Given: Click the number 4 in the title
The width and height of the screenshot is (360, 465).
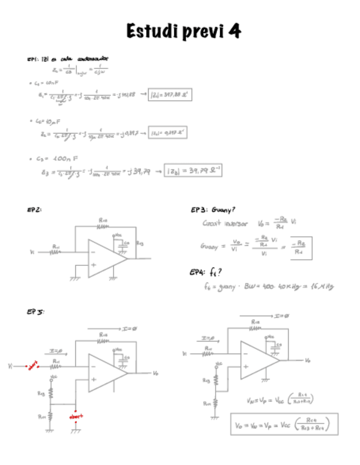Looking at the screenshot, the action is click(x=234, y=31).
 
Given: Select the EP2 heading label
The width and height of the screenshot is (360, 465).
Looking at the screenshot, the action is click(x=34, y=209).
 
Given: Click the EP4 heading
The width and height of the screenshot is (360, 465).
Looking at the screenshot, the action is click(x=199, y=271).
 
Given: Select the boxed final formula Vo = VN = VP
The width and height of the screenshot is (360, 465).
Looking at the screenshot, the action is click(x=284, y=423).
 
